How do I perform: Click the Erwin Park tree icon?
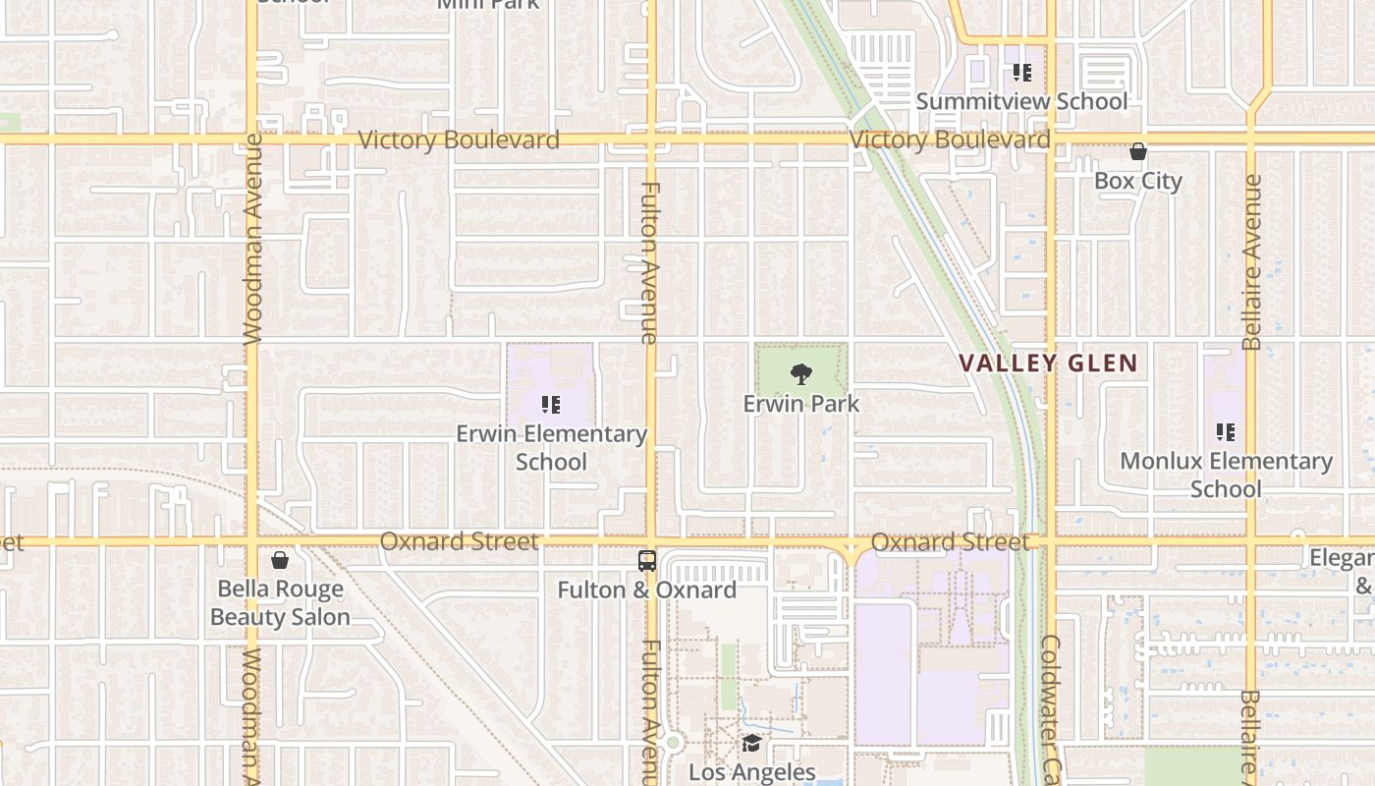[801, 373]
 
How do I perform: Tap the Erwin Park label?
[801, 404]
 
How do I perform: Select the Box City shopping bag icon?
[1138, 151]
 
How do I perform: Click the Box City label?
[1138, 181]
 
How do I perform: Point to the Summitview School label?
[1021, 101]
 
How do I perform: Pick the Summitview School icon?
[1022, 72]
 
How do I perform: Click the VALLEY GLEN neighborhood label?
[1048, 363]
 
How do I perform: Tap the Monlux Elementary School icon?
[1225, 431]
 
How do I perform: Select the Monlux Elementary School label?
[1226, 475]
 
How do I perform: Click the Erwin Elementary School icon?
[551, 404]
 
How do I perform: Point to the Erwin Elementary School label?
[551, 447]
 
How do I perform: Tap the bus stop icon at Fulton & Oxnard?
[647, 561]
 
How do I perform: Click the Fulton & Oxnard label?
[647, 589]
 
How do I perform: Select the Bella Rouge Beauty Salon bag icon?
[280, 560]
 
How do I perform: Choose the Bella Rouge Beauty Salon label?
[280, 602]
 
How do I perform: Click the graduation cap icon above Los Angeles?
[751, 743]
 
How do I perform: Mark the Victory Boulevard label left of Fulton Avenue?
[459, 140]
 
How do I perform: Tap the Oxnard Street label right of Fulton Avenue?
[950, 541]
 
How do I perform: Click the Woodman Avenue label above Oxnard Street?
[252, 239]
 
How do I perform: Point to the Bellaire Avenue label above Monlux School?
[1251, 262]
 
